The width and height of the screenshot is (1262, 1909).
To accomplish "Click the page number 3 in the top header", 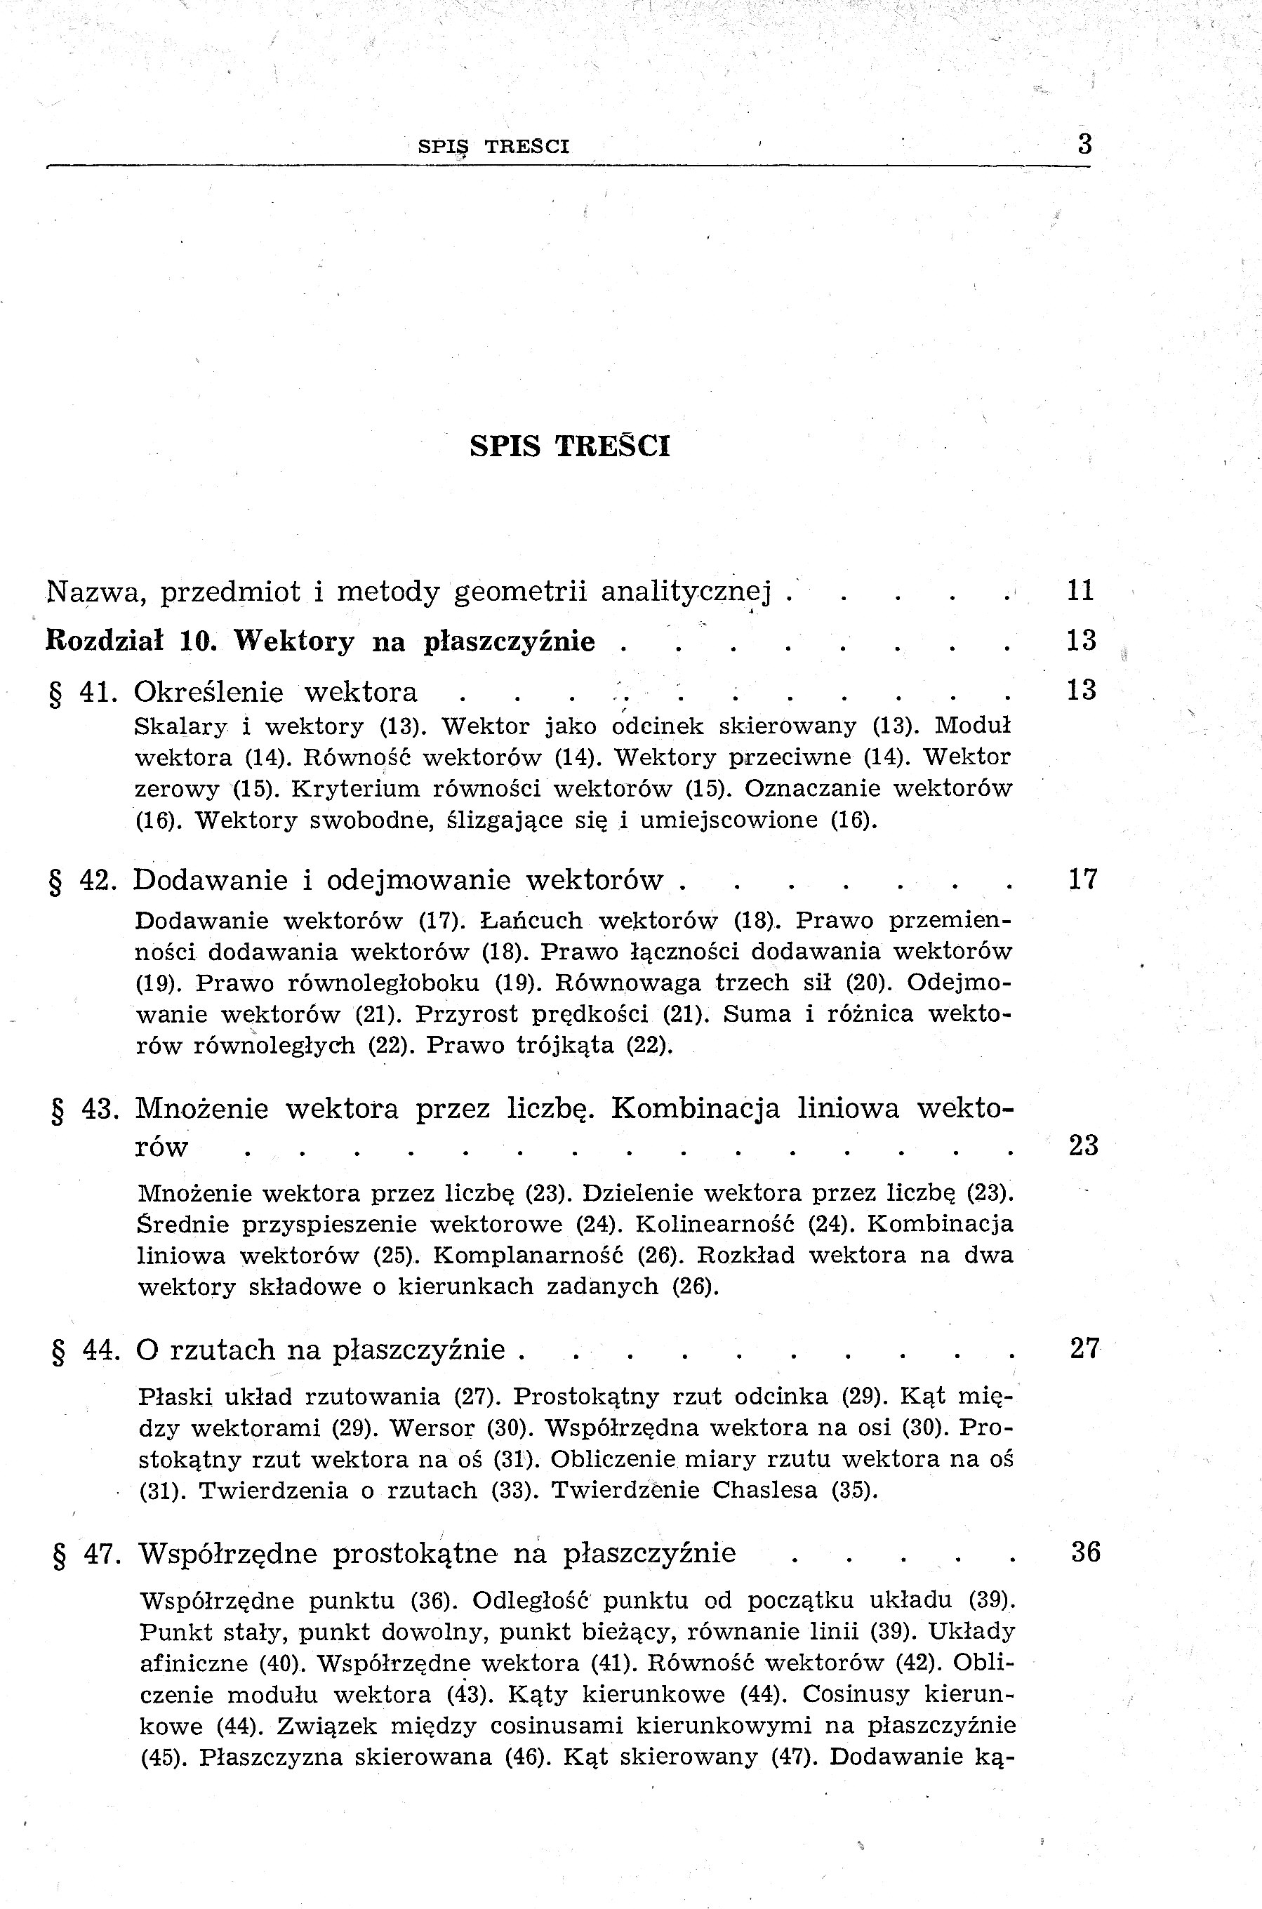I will click(1084, 145).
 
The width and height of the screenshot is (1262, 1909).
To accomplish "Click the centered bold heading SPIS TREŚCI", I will click(569, 446).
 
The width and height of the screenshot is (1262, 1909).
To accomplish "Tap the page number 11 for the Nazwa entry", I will click(1080, 591).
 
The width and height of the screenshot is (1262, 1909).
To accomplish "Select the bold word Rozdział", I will click(105, 641).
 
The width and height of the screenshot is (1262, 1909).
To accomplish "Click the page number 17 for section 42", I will click(1082, 879).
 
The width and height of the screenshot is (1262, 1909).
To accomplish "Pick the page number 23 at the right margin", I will click(1083, 1145).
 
